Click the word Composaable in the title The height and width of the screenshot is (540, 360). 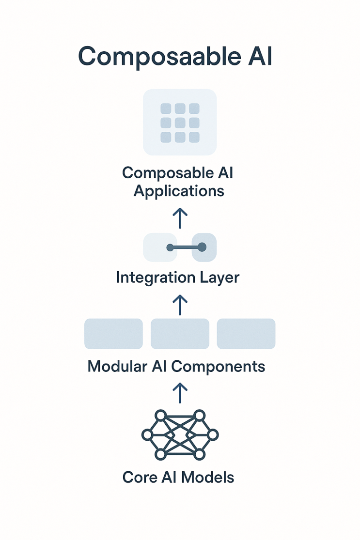(159, 57)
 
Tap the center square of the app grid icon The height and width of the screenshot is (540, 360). (180, 123)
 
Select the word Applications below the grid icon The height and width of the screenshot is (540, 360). (179, 191)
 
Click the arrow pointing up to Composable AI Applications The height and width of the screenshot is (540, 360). (180, 218)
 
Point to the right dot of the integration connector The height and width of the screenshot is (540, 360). (202, 247)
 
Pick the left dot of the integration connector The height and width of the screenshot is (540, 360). (170, 247)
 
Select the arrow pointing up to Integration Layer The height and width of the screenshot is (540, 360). (180, 305)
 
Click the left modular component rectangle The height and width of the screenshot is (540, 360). (114, 334)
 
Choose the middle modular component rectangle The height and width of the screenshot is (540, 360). (180, 334)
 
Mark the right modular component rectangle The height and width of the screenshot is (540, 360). (246, 334)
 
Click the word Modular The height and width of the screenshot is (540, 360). (117, 367)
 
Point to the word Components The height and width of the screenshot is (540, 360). (219, 367)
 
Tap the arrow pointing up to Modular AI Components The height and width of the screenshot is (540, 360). (180, 393)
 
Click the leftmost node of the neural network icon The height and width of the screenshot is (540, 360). (147, 435)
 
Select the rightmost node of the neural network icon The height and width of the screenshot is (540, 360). (213, 435)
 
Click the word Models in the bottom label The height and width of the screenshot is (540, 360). (208, 478)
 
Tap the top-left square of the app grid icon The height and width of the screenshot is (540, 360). (166, 108)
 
